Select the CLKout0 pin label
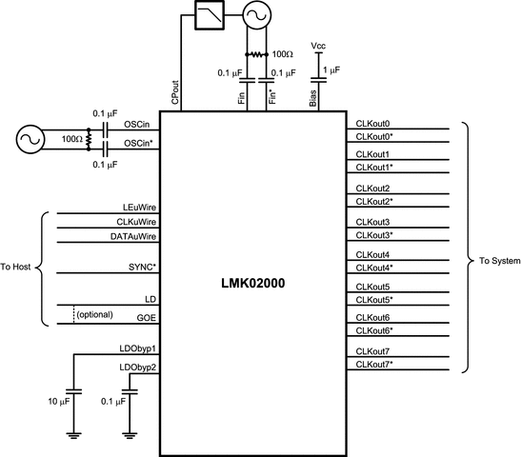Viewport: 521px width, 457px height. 373,124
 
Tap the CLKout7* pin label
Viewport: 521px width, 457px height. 375,365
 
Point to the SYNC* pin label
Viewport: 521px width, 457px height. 138,267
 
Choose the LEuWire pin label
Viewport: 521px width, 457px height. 133,207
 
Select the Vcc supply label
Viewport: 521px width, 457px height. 318,45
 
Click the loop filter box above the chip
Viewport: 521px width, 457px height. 207,14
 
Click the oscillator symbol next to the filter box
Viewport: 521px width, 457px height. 257,14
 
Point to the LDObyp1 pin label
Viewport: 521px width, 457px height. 137,349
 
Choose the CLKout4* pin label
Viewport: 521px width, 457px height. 375,268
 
